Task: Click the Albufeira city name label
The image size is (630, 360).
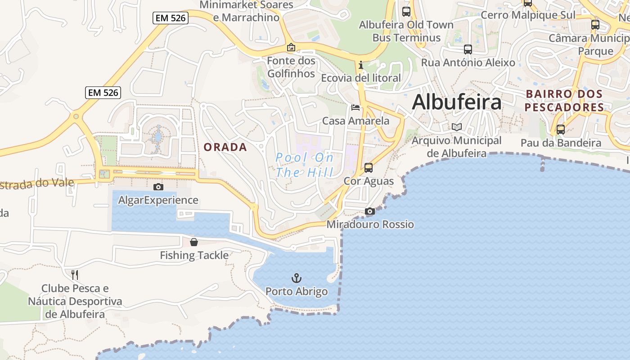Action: click(x=456, y=102)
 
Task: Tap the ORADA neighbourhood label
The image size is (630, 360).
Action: click(x=225, y=147)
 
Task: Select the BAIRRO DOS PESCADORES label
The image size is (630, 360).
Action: click(x=564, y=101)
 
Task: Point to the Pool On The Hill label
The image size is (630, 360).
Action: click(x=305, y=165)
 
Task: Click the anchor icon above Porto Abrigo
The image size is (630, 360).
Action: click(x=296, y=278)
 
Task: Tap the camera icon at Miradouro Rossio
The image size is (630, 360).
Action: click(x=369, y=211)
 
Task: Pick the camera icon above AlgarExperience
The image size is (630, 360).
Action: click(x=158, y=187)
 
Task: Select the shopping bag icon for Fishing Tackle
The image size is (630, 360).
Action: click(x=194, y=242)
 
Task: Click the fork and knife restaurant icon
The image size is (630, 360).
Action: click(x=75, y=274)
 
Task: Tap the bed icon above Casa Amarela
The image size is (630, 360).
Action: click(x=355, y=108)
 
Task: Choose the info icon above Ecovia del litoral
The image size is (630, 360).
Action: click(x=360, y=65)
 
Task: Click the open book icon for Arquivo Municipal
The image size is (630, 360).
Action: click(x=457, y=127)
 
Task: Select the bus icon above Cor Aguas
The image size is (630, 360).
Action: click(x=369, y=168)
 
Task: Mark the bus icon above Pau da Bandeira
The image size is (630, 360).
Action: click(x=560, y=130)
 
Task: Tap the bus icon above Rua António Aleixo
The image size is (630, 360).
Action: click(x=468, y=49)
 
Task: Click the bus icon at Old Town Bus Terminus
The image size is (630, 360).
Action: click(x=406, y=12)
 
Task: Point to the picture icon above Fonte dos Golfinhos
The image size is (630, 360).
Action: click(x=291, y=47)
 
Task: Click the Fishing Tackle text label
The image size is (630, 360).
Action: click(x=194, y=256)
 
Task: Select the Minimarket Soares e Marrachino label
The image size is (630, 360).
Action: click(x=246, y=11)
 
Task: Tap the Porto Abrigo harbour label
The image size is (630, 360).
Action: click(x=297, y=292)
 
